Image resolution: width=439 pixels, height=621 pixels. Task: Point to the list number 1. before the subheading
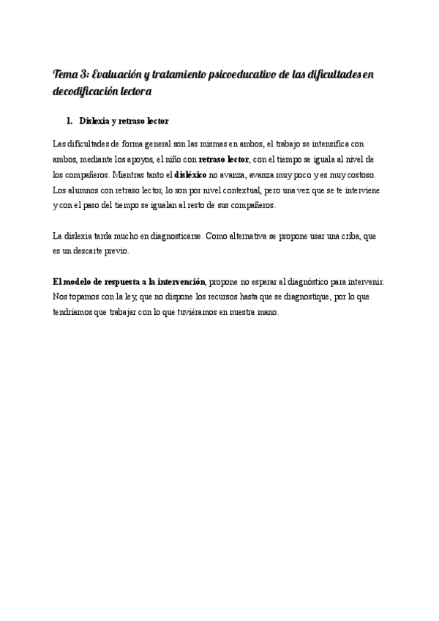pos(70,120)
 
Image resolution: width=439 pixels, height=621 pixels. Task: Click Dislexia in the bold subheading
pos(94,120)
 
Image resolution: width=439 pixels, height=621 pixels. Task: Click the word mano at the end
pos(269,313)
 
